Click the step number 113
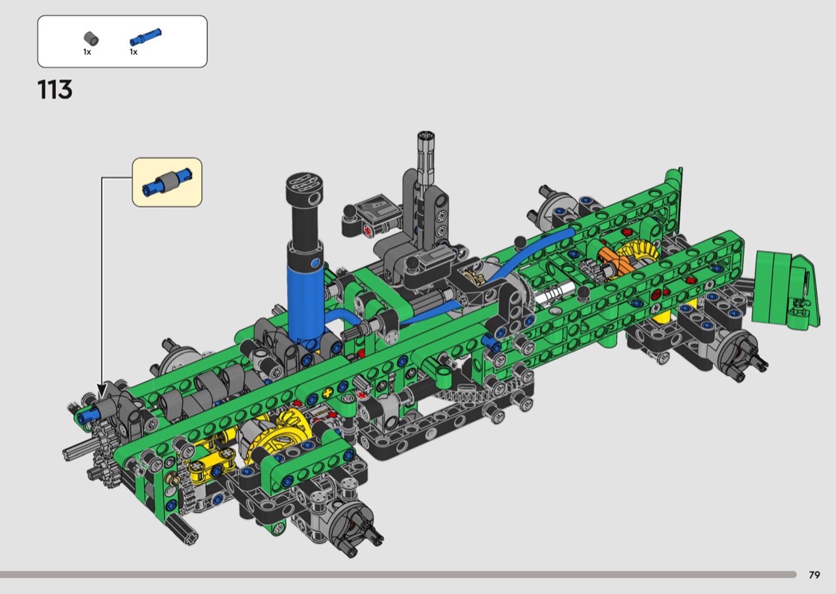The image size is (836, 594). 55,90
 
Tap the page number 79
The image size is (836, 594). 815,575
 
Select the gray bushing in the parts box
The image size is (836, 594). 92,38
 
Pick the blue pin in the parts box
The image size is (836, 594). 145,37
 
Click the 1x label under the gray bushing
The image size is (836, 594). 87,53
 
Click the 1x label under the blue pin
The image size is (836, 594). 133,53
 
